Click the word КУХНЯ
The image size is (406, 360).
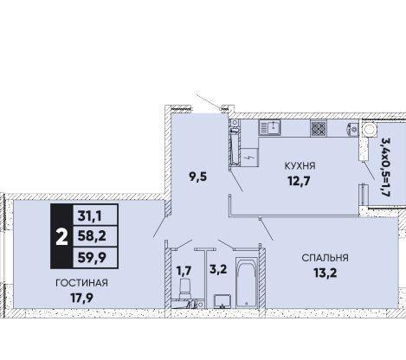coord(300,166)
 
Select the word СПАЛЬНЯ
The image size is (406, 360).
coord(325,258)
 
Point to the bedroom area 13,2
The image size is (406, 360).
coord(325,273)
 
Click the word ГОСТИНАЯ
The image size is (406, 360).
coord(81,283)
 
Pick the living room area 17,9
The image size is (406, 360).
coord(81,298)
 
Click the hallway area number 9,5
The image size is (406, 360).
coord(198,177)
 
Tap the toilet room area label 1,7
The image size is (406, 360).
coord(184,271)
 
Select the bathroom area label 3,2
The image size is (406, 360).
coord(218,269)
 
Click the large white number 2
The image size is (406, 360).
coord(61,236)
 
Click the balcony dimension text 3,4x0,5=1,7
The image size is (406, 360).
coord(385,167)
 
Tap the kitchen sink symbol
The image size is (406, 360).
coord(269,128)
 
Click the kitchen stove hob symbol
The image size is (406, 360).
coord(319,128)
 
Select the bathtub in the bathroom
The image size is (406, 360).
coord(247,282)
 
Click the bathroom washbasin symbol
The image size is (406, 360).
coord(222,301)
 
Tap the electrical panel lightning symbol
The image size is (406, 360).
coord(249,157)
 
